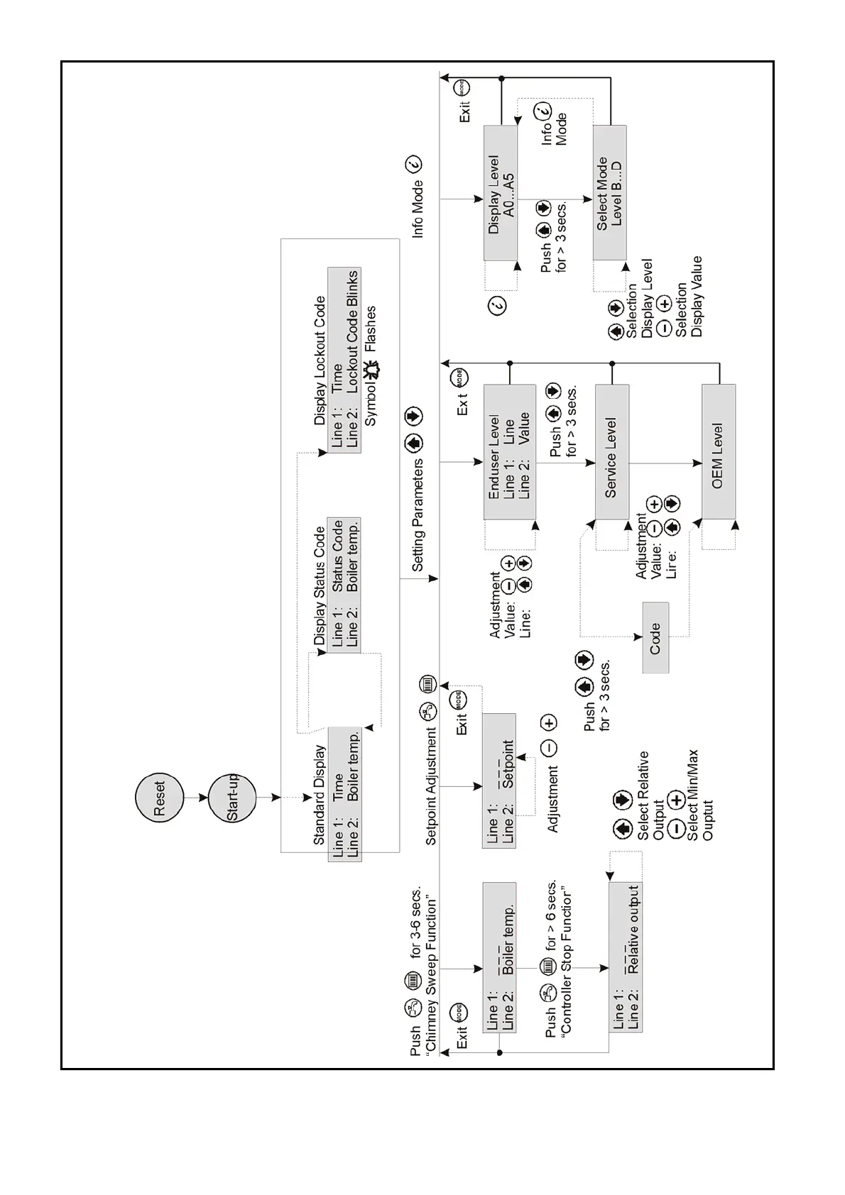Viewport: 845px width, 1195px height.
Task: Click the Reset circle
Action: click(159, 798)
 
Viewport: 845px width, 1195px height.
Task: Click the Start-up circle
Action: click(233, 798)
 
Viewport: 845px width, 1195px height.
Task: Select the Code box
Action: click(655, 637)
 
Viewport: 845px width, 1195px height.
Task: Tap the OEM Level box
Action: click(718, 452)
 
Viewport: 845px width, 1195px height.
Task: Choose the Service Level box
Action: click(611, 452)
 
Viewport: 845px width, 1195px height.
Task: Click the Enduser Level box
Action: click(509, 452)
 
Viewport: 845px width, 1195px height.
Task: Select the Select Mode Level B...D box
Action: click(609, 193)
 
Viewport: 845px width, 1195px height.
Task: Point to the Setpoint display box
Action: click(499, 781)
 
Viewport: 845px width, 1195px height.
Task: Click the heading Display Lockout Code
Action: click(320, 360)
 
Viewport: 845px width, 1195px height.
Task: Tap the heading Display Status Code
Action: click(320, 585)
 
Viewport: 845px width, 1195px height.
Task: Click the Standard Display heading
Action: click(320, 795)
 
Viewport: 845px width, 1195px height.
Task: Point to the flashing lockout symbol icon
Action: click(371, 370)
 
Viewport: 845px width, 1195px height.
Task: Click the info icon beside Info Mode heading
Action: click(414, 164)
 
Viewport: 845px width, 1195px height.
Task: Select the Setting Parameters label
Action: click(418, 514)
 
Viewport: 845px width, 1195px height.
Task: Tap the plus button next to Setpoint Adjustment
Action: click(549, 723)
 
